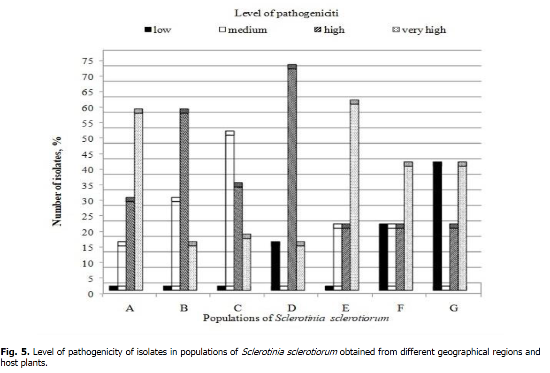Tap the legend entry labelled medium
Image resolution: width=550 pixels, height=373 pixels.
pyautogui.click(x=247, y=30)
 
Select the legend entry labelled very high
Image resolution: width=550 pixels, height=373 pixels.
pyautogui.click(x=423, y=30)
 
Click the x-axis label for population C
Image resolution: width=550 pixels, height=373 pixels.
pyautogui.click(x=237, y=308)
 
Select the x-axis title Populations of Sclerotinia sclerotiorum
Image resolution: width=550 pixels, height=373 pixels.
pyautogui.click(x=296, y=318)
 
